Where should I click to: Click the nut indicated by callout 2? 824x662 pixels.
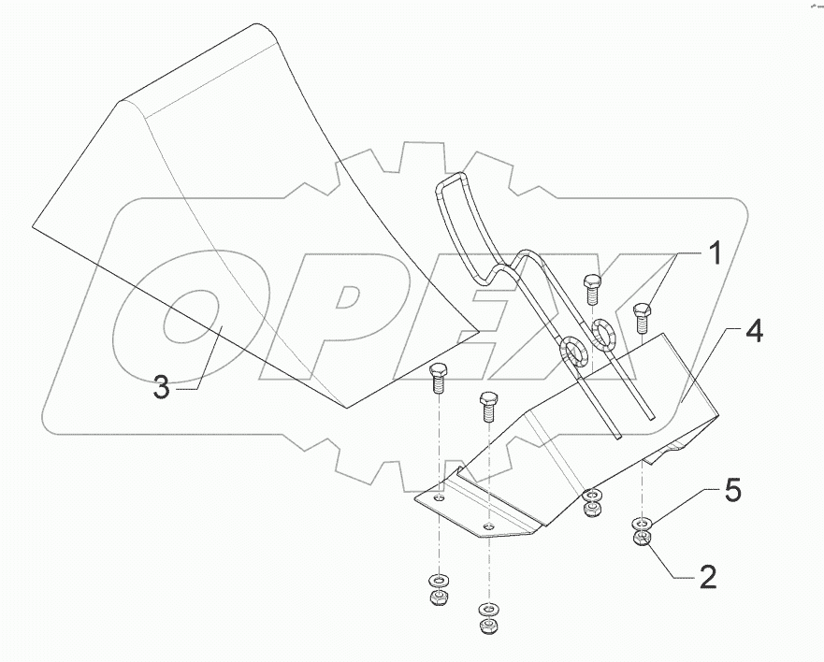pyautogui.click(x=642, y=541)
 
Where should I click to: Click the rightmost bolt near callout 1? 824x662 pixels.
pyautogui.click(x=642, y=316)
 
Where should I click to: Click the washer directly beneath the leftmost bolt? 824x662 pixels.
pyautogui.click(x=437, y=582)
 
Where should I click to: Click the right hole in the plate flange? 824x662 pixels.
pyautogui.click(x=488, y=526)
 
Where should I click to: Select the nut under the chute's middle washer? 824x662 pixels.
pyautogui.click(x=591, y=509)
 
